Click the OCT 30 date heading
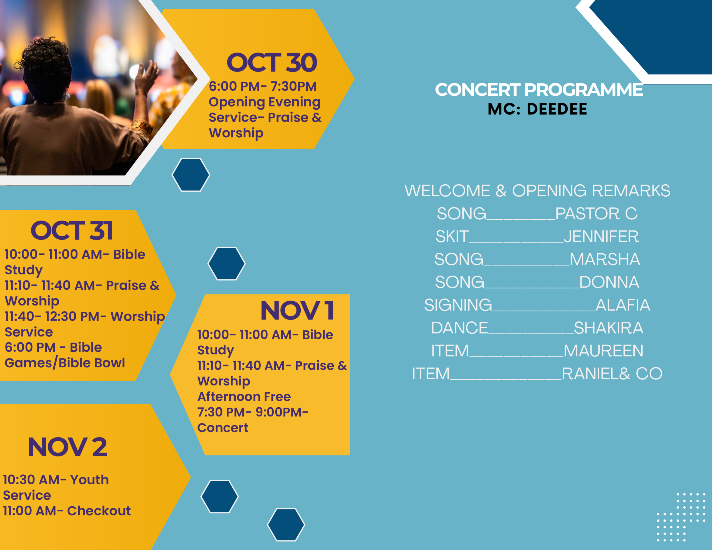coord(271,63)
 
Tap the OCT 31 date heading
coord(72,231)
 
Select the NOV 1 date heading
coord(297,310)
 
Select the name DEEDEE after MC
coord(557,109)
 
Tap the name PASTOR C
coord(596,214)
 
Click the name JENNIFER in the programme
coord(601,236)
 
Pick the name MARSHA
coord(605,259)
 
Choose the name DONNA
coord(609,282)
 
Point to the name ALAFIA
coord(623,305)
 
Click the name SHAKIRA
coord(609,328)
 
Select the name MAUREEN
coord(604,350)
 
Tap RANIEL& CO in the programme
coord(612,373)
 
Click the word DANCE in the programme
coord(460,328)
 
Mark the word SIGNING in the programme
coord(458,305)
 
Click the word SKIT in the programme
coord(452,236)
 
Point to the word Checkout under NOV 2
coord(99,511)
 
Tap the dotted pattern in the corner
coord(681,517)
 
